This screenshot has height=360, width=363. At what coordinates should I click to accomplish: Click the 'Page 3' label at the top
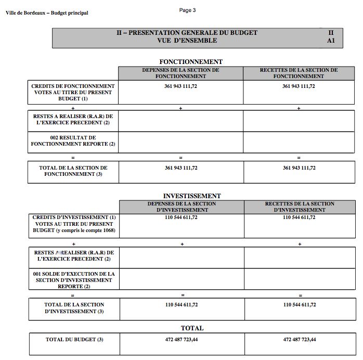(187, 10)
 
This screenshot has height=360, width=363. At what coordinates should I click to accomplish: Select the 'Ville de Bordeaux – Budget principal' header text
(47, 12)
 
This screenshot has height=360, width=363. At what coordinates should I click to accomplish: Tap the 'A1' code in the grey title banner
(331, 40)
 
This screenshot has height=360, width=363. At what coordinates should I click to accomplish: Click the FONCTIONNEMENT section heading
(190, 62)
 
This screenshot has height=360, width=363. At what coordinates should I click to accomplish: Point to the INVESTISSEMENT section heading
(192, 196)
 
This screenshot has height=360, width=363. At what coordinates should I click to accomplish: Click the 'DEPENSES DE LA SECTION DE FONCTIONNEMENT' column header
(180, 73)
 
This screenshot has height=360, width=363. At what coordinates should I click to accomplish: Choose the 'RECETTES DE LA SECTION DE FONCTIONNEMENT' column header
(299, 73)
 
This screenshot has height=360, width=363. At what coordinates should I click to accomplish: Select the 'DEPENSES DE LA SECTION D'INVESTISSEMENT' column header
(181, 207)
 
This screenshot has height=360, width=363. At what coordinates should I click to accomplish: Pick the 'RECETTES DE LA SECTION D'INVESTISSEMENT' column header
(300, 207)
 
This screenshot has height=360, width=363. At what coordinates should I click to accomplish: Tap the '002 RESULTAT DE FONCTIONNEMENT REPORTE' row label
(73, 140)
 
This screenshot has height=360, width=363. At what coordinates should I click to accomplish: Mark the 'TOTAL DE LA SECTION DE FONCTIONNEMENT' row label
(73, 171)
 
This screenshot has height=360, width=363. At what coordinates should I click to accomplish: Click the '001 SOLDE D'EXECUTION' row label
(73, 280)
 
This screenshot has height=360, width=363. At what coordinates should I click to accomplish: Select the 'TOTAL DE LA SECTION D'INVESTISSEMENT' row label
(74, 308)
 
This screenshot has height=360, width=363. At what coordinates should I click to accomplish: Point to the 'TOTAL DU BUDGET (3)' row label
(74, 339)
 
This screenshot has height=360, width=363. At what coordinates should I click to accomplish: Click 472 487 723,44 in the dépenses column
(181, 339)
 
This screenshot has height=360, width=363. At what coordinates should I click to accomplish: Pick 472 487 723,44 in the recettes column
(300, 339)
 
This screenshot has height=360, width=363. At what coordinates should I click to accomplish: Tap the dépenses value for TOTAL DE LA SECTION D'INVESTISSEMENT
(181, 305)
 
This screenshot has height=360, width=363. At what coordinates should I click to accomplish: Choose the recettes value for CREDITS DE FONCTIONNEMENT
(299, 86)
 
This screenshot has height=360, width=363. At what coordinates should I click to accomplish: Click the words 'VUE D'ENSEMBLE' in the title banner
(187, 40)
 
